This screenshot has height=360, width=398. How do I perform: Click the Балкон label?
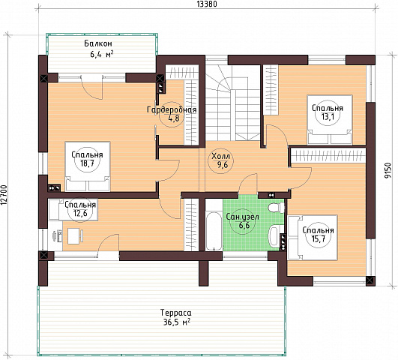coord(98,43)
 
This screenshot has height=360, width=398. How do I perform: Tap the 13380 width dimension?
coord(207,4)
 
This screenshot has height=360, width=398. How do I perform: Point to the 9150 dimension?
coord(388,171)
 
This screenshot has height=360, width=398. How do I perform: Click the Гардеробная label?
coord(172,109)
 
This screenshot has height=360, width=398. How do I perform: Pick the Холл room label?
coord(220,155)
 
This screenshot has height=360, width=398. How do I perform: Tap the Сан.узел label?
coord(242,217)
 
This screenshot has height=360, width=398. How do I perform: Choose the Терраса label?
coord(176,313)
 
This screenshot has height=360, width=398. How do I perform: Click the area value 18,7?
coord(87,163)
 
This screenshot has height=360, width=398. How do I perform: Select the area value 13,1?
coord(327,117)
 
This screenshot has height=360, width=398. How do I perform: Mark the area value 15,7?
coord(318,238)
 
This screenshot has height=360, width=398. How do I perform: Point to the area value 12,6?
coord(80,213)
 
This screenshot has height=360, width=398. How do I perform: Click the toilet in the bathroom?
coord(276,208)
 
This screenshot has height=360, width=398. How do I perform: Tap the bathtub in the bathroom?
coord(214,231)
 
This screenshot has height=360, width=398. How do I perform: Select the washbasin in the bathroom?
coord(274,235)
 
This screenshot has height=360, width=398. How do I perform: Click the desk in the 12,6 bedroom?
coord(73,236)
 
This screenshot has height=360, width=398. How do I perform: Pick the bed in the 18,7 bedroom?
coord(88,166)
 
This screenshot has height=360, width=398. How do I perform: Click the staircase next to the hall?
coord(233,103)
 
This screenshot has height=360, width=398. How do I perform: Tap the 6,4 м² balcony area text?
coord(102,54)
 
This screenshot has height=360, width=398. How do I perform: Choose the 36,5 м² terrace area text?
coord(177,322)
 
